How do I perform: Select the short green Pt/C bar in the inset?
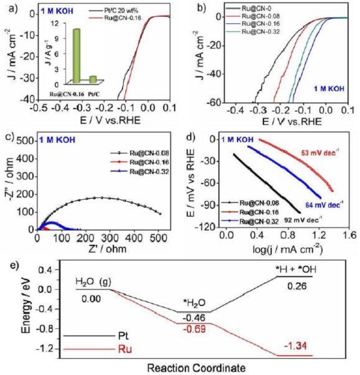(x=93, y=79)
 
